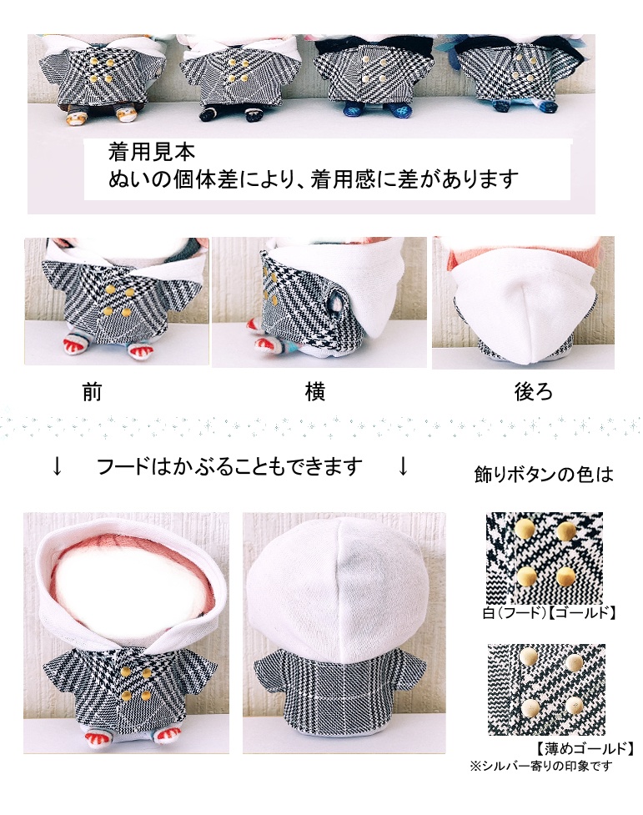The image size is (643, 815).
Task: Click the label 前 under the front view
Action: (92, 392)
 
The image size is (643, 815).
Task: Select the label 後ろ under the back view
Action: (534, 392)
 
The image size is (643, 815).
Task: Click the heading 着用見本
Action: (151, 153)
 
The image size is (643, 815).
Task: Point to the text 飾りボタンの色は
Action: (543, 475)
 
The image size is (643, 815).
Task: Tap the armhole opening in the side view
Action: (335, 301)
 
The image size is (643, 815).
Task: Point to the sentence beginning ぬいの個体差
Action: (314, 179)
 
